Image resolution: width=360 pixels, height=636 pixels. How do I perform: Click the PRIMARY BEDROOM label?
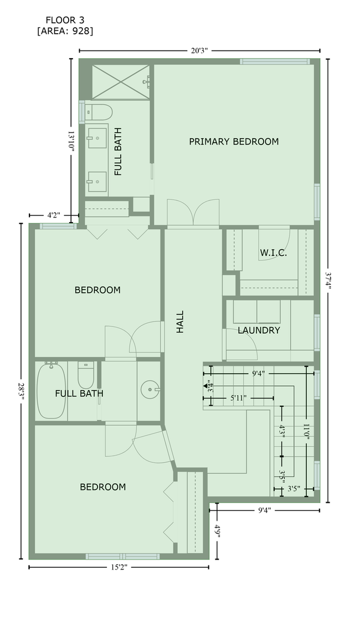coord(234,142)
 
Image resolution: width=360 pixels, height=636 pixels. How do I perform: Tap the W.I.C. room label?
coord(274,253)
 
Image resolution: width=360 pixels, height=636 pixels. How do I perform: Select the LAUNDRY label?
coord(259,330)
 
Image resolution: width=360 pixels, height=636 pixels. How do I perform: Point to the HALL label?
coord(180,322)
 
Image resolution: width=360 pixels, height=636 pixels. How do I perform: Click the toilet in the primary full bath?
coord(98,112)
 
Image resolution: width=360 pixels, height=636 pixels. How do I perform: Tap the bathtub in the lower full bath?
coord(51,391)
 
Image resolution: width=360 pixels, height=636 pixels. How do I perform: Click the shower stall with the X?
coord(121,82)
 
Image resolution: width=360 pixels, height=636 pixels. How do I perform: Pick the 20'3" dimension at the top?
coord(199,51)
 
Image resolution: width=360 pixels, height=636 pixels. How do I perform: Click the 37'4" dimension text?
coord(328,280)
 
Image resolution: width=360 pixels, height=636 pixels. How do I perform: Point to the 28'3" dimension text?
coord(21,391)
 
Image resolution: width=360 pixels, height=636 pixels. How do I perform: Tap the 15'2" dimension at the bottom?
coord(119,567)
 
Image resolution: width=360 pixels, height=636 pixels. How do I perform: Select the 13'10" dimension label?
coord(71,141)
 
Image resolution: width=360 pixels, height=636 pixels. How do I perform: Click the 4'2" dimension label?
coord(52,215)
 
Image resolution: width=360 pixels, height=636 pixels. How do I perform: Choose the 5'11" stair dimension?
coord(239,398)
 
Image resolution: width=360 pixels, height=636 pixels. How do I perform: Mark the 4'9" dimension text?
coord(218,531)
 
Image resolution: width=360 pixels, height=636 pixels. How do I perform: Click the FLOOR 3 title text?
coord(65,20)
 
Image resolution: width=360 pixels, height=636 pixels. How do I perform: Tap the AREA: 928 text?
coord(65,31)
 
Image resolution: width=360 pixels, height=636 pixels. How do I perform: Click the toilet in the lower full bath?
coord(86,375)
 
